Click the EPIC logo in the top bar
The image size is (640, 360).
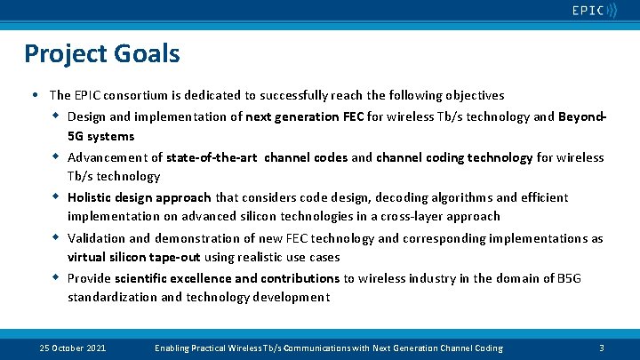[594, 11]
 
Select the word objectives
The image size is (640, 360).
[472, 95]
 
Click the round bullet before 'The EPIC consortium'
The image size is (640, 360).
[33, 95]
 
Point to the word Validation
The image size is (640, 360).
[96, 238]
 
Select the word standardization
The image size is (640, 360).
[111, 297]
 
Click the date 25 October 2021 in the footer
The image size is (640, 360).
[73, 348]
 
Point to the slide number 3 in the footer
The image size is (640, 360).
[602, 348]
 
